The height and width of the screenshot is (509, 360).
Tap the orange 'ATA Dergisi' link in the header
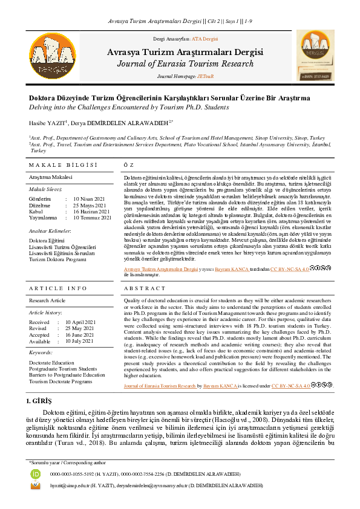(x=205, y=38)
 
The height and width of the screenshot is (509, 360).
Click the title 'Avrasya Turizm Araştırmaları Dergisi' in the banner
(x=180, y=53)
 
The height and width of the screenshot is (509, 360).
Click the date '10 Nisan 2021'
(x=88, y=199)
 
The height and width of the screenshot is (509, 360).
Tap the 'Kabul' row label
(x=36, y=212)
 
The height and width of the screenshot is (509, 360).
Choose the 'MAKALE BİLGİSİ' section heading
(x=63, y=165)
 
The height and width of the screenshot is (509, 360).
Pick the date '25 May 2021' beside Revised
(x=88, y=328)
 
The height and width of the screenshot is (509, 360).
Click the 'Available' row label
(x=40, y=341)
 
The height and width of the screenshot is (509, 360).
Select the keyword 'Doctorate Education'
(x=52, y=363)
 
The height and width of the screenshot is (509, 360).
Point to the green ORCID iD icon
(x=36, y=474)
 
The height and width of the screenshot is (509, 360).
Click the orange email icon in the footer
(x=36, y=485)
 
